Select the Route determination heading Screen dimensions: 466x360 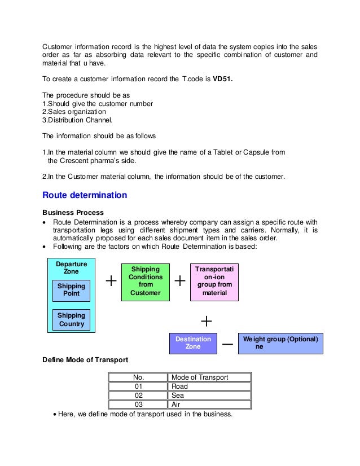(x=85, y=196)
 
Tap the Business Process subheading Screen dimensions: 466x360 (x=73, y=212)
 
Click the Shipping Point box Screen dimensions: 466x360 (x=71, y=290)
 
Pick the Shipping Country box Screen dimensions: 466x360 (x=71, y=320)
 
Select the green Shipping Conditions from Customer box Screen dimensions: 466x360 (x=146, y=281)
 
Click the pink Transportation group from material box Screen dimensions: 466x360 (x=214, y=281)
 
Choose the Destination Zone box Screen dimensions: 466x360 (x=193, y=343)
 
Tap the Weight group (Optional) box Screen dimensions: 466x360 (x=280, y=343)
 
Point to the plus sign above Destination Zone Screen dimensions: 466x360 (x=207, y=321)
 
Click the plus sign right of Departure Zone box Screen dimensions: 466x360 (x=111, y=281)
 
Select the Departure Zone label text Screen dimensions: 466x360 (x=71, y=267)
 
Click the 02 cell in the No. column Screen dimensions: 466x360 (x=138, y=395)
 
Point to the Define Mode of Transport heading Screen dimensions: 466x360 (x=85, y=359)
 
